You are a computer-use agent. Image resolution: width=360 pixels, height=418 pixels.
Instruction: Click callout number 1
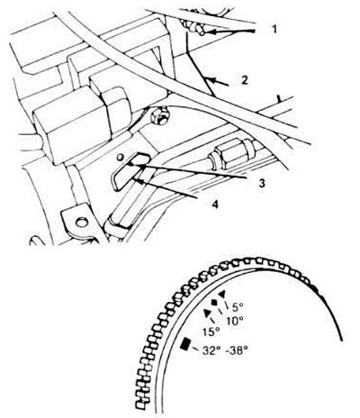pyautogui.click(x=274, y=30)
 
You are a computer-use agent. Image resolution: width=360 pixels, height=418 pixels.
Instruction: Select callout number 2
pyautogui.click(x=245, y=80)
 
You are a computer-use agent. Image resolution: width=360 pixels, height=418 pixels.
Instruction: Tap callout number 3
pyautogui.click(x=262, y=183)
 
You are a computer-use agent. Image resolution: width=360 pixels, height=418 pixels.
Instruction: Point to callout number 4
pyautogui.click(x=215, y=204)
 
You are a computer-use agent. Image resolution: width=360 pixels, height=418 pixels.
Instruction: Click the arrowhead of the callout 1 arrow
pyautogui.click(x=210, y=32)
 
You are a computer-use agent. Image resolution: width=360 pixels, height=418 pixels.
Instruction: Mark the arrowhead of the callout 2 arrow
pyautogui.click(x=210, y=80)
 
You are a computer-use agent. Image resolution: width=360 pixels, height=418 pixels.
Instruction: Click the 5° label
pyautogui.click(x=238, y=306)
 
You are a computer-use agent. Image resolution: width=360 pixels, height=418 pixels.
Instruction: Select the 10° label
pyautogui.click(x=234, y=321)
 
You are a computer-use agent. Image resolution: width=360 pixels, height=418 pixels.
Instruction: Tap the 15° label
pyautogui.click(x=211, y=332)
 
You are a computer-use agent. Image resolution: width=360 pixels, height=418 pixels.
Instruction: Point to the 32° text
pyautogui.click(x=211, y=350)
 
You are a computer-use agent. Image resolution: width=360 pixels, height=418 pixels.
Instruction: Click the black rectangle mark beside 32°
pyautogui.click(x=185, y=344)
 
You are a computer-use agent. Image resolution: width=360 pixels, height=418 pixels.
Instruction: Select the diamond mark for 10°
pyautogui.click(x=215, y=303)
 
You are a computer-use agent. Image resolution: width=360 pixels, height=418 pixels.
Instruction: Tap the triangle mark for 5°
pyautogui.click(x=222, y=294)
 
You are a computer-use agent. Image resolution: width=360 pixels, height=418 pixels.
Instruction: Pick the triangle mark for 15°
pyautogui.click(x=207, y=313)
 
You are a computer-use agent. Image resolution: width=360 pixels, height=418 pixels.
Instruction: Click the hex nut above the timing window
pyautogui.click(x=159, y=117)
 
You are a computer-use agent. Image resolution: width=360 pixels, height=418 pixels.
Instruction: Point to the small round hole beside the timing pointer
pyautogui.click(x=121, y=157)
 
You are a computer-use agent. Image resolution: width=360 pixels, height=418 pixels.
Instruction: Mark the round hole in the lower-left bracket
pyautogui.click(x=80, y=223)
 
